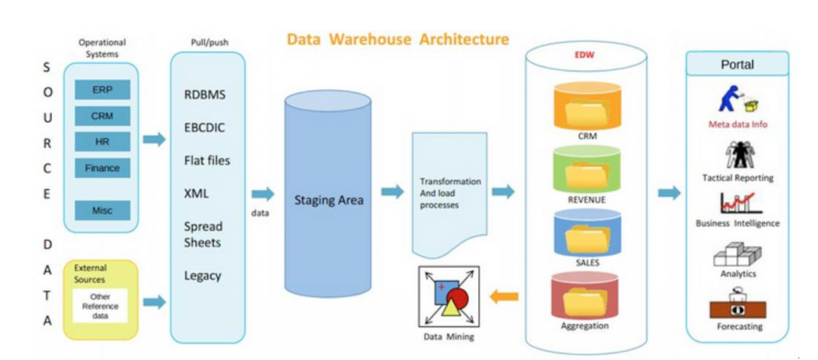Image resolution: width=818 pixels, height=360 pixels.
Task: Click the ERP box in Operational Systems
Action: (102, 90)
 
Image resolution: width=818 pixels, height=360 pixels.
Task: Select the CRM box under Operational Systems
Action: (102, 116)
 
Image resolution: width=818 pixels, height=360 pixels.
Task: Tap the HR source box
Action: (102, 141)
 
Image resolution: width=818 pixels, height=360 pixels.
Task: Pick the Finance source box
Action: (102, 168)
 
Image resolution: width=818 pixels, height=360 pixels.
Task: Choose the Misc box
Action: (102, 210)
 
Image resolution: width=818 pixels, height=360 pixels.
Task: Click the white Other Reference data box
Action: (100, 305)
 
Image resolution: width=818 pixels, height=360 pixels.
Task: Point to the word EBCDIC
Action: (205, 128)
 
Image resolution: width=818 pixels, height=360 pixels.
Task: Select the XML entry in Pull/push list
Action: (197, 193)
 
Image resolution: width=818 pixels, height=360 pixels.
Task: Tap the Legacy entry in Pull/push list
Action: (203, 275)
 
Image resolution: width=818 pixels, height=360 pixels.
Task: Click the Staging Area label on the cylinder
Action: (328, 201)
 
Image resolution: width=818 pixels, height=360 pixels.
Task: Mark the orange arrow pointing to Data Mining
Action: (504, 297)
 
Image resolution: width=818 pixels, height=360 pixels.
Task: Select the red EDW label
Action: (584, 55)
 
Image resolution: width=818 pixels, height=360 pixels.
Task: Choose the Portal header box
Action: (737, 64)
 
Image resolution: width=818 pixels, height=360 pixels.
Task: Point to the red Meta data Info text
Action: (738, 124)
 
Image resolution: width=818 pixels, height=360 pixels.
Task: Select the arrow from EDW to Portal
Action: (669, 192)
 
